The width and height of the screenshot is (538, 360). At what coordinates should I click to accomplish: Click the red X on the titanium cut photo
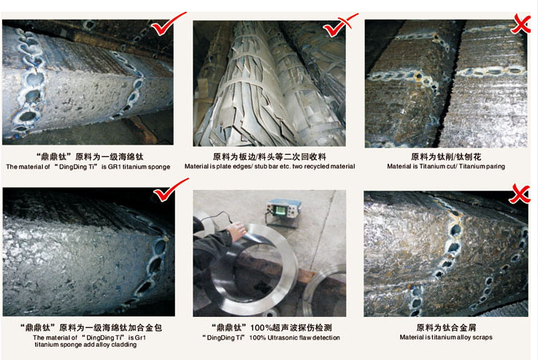(520, 24)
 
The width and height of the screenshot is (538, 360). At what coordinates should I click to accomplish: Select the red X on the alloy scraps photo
(520, 194)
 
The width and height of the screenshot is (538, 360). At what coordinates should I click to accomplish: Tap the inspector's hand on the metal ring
(237, 231)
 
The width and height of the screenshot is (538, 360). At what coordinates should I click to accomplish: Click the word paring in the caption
(496, 166)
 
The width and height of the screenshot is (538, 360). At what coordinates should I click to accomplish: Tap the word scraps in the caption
(483, 337)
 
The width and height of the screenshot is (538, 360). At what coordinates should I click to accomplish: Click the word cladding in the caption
(124, 345)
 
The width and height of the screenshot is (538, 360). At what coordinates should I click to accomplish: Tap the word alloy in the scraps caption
(464, 337)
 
